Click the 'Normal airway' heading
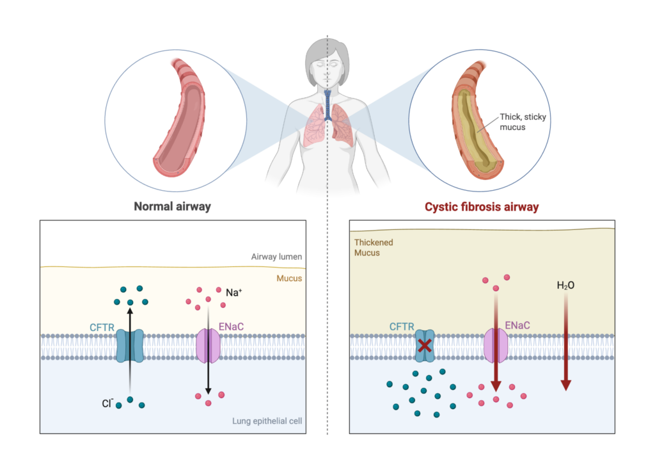tap(172, 207)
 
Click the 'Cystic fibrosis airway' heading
tap(482, 207)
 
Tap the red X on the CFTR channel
tap(424, 346)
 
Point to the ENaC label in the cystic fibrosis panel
tap(517, 326)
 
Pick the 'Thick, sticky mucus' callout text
tap(523, 122)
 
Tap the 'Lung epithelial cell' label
tap(267, 421)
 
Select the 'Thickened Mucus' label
tap(374, 248)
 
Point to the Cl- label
tap(107, 404)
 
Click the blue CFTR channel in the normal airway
tap(130, 346)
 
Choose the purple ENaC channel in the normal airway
tap(208, 346)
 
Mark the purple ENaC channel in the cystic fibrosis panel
tap(496, 346)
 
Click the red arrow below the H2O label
tap(565, 346)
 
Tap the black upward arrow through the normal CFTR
tap(130, 339)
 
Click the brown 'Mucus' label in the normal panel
tap(289, 278)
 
